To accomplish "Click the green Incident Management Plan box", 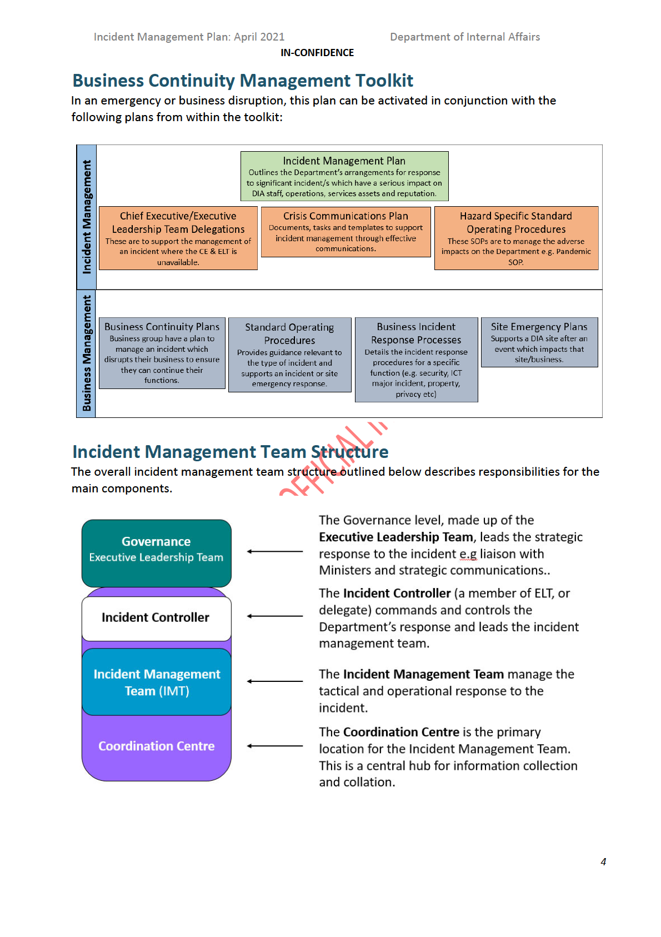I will (x=344, y=176).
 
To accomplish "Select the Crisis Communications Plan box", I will (x=345, y=232).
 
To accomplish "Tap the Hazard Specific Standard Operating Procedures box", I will (x=516, y=238).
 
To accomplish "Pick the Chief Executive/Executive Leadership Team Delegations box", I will (x=178, y=238).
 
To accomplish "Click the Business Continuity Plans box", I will (x=162, y=353).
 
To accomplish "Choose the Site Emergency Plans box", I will (x=539, y=342).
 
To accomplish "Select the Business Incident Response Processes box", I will (x=416, y=360).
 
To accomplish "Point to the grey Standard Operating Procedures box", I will (x=289, y=355).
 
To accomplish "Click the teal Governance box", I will (x=156, y=553).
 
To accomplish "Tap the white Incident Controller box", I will (x=156, y=617).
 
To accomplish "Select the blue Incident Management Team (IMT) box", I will (x=156, y=682).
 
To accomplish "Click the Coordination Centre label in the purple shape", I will (x=156, y=746).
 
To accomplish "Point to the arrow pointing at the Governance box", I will (x=275, y=551).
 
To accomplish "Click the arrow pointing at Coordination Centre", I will (x=275, y=746).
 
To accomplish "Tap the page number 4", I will (x=603, y=861).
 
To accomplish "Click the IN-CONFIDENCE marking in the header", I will (x=317, y=53).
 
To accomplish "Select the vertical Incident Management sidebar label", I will (x=87, y=217).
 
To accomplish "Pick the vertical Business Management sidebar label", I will (x=87, y=353).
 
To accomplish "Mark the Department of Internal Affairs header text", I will (x=465, y=37).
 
